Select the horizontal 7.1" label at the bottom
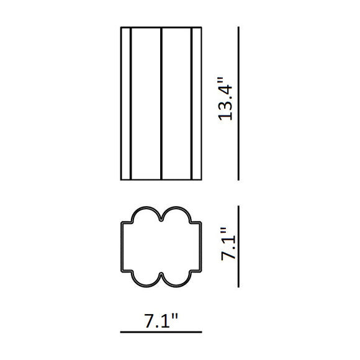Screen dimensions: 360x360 click(161, 322)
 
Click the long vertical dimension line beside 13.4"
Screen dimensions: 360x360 click(238, 104)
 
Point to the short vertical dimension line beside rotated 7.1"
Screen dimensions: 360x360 click(238, 246)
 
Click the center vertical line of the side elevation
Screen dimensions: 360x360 click(161, 104)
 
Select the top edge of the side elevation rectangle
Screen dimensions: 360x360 click(161, 27)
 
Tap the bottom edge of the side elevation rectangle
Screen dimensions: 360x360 click(161, 180)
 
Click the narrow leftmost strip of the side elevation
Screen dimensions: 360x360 click(125, 104)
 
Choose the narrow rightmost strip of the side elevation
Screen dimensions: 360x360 click(197, 104)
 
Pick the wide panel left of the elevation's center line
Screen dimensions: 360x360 click(146, 104)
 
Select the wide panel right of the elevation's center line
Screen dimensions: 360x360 click(177, 104)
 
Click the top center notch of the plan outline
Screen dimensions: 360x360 click(161, 218)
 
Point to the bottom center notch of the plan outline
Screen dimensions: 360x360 click(161, 274)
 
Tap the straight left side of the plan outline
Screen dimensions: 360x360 click(122, 246)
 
